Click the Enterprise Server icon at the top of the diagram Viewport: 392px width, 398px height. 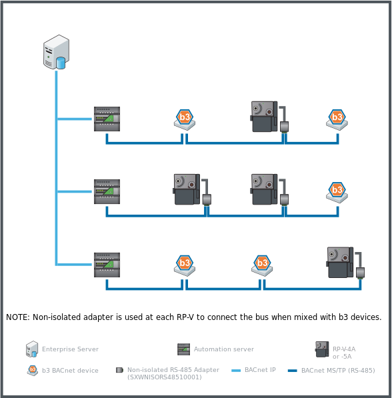coord(56,53)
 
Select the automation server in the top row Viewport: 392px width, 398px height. coord(107,119)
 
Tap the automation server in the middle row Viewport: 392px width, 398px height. coord(107,191)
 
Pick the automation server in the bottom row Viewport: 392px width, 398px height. coord(107,265)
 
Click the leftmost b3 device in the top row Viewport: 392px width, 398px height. coord(184,119)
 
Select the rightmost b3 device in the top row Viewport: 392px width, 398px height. coord(337,119)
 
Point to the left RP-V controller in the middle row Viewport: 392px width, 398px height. coord(186,189)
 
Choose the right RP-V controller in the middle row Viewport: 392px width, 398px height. coord(263,189)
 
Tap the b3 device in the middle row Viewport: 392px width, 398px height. coord(337,192)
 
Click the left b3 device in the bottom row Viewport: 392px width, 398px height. coord(185,265)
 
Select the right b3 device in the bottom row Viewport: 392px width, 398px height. coord(262,265)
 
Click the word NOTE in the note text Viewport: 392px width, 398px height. coord(17,317)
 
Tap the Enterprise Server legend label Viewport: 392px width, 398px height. coord(70,349)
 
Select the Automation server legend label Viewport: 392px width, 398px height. coord(223,349)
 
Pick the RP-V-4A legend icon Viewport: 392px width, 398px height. coord(322,349)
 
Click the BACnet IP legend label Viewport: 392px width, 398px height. coord(260,370)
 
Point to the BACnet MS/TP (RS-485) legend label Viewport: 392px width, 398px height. coord(338,370)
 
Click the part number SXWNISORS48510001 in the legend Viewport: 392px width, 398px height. coord(163,377)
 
